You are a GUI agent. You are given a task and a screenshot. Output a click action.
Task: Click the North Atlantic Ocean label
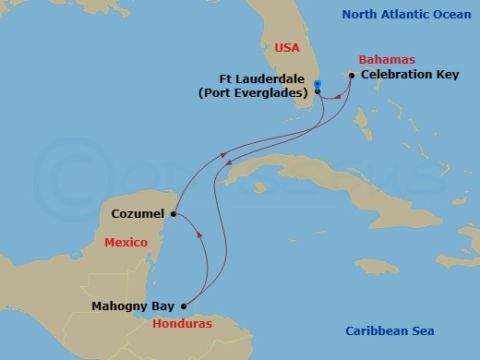406,14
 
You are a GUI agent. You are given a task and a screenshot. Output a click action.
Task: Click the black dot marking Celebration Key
352,76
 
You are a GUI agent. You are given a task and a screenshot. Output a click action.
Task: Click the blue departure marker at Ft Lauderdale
317,85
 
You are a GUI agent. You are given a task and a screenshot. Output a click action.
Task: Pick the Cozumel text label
138,213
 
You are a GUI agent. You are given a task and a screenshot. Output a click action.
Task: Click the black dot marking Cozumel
174,214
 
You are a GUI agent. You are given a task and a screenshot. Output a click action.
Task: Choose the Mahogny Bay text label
133,306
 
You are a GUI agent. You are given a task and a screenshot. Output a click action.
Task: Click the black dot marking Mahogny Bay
184,306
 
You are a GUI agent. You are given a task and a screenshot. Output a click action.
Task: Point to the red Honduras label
182,325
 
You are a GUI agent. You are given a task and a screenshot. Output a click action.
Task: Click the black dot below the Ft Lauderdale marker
318,93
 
